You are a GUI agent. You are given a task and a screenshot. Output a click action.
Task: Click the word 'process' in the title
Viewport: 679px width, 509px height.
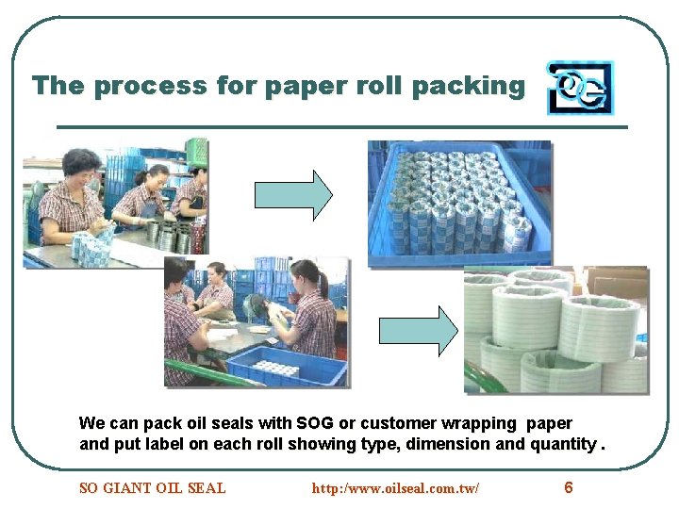coord(140,86)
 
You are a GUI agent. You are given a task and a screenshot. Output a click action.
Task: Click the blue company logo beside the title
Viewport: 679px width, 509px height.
coord(579,88)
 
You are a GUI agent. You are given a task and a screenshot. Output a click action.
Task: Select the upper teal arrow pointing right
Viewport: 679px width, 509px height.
coord(293,194)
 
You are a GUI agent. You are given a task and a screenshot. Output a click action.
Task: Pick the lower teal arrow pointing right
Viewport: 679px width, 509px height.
coord(417,330)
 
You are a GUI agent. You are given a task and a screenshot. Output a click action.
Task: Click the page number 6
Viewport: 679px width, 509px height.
coord(568,487)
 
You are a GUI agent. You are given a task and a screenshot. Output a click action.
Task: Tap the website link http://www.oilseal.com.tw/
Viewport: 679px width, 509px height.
coord(395,488)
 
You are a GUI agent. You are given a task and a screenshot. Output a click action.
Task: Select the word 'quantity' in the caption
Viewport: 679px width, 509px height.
coord(563,443)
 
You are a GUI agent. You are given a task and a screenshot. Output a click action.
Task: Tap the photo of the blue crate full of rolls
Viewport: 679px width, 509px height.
coord(459,204)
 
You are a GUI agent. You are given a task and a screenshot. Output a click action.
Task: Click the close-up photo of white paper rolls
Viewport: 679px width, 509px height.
coord(555,330)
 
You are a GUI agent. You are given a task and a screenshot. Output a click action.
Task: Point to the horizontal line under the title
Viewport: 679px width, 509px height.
coord(341,127)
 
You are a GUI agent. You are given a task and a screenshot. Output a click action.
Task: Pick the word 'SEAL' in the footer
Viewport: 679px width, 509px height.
coord(207,488)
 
